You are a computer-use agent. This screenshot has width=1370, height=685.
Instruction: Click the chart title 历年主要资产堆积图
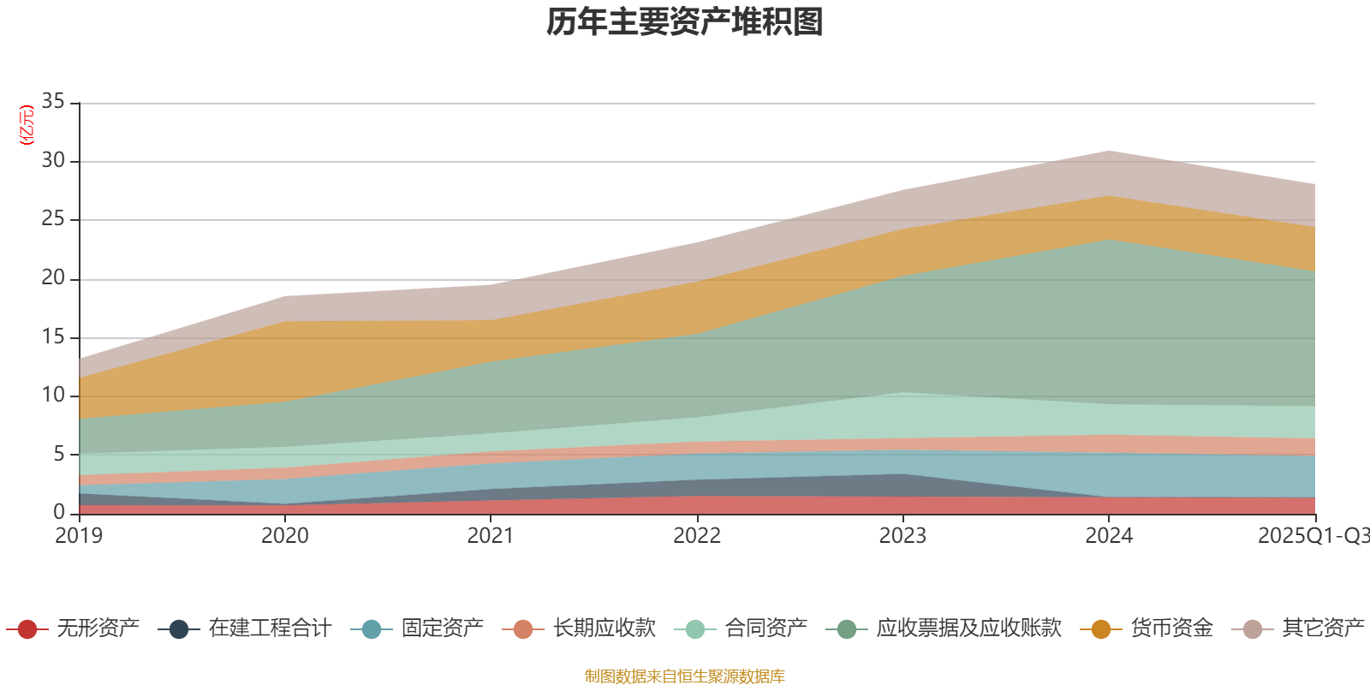point(685,22)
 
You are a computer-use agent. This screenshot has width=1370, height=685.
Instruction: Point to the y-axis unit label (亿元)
point(27,125)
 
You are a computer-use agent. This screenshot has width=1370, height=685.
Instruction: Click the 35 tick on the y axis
point(53,102)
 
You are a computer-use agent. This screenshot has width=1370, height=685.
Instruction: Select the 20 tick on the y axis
point(53,278)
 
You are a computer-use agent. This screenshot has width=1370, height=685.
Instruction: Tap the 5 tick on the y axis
point(58,454)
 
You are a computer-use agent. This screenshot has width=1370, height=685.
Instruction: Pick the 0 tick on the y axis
point(58,512)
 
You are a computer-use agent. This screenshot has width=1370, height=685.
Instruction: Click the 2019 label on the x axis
point(79,536)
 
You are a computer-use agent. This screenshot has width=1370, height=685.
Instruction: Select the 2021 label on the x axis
point(491,536)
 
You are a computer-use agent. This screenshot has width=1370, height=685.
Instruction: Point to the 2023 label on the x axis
point(902,536)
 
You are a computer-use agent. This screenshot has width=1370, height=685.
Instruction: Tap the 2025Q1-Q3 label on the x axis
point(1313,536)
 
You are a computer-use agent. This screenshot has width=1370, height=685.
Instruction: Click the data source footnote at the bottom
point(685,676)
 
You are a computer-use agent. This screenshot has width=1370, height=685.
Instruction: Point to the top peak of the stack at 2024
point(1109,151)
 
